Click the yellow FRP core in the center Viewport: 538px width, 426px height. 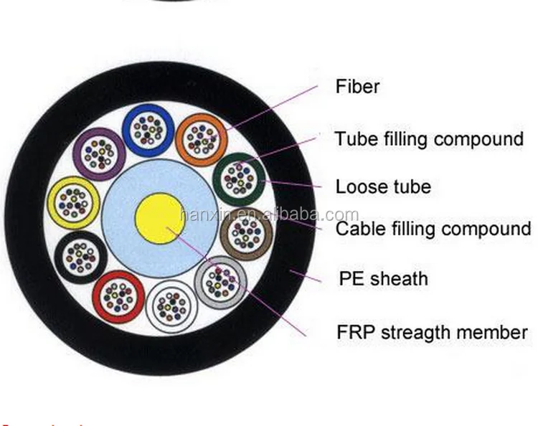(x=160, y=217)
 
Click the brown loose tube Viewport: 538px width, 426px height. (x=245, y=232)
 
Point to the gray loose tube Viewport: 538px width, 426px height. (x=218, y=282)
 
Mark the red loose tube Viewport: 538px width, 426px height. (x=117, y=295)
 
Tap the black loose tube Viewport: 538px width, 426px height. (x=79, y=255)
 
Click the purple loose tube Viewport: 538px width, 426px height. (x=100, y=153)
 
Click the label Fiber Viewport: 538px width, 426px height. (x=357, y=87)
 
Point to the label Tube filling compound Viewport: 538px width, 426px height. (x=429, y=138)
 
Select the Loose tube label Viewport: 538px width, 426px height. (x=383, y=187)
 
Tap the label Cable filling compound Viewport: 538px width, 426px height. (x=433, y=229)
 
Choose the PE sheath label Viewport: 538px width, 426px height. (x=383, y=278)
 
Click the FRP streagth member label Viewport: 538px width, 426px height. (x=432, y=332)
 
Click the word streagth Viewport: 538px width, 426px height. (x=420, y=332)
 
